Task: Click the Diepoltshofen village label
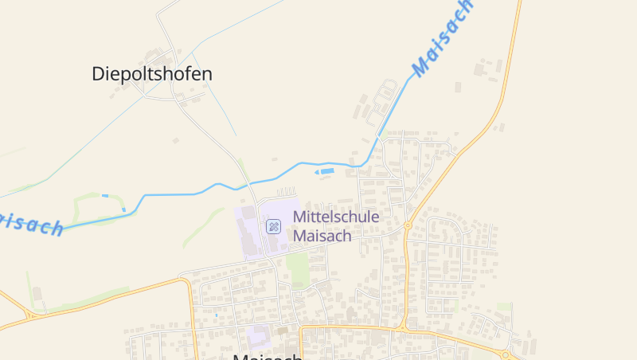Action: click(152, 74)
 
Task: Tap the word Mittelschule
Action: click(336, 217)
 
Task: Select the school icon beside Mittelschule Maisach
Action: click(273, 226)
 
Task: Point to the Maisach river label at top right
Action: click(442, 37)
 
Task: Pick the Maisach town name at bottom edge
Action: click(268, 356)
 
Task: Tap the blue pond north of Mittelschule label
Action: click(327, 171)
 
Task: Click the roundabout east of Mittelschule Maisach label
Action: click(407, 226)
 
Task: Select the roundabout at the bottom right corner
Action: click(505, 354)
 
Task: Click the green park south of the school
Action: click(299, 268)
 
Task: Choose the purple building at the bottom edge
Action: click(258, 336)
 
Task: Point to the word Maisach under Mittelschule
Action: click(322, 236)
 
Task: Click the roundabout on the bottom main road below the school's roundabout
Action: click(402, 327)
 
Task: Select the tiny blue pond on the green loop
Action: click(105, 195)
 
